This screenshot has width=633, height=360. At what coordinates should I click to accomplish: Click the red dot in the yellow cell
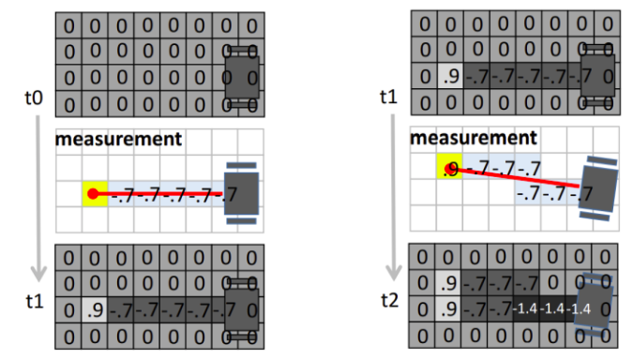click(93, 194)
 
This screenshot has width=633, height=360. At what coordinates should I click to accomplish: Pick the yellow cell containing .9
click(448, 169)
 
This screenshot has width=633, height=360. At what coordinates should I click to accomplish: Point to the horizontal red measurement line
click(159, 194)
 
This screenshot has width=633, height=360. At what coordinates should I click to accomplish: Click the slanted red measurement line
click(516, 178)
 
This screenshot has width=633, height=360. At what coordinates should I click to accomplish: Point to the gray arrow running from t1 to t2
click(394, 187)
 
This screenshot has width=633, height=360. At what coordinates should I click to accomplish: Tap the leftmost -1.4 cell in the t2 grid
click(529, 307)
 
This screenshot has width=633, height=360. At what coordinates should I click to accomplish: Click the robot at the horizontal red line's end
click(242, 194)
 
